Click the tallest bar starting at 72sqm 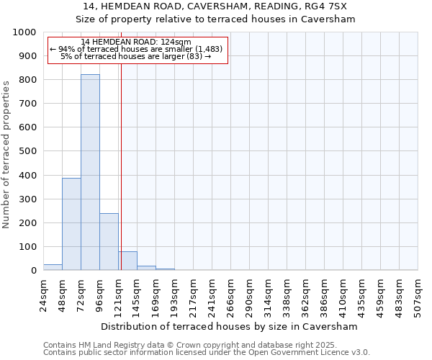pos(90,173)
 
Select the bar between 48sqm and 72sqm pos(71,224)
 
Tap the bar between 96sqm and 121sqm pos(109,242)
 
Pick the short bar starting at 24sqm pos(53,267)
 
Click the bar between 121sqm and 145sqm pos(127,261)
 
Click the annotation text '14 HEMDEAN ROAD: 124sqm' pos(136,42)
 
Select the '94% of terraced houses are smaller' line pos(137,49)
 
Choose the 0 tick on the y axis pos(33,271)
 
